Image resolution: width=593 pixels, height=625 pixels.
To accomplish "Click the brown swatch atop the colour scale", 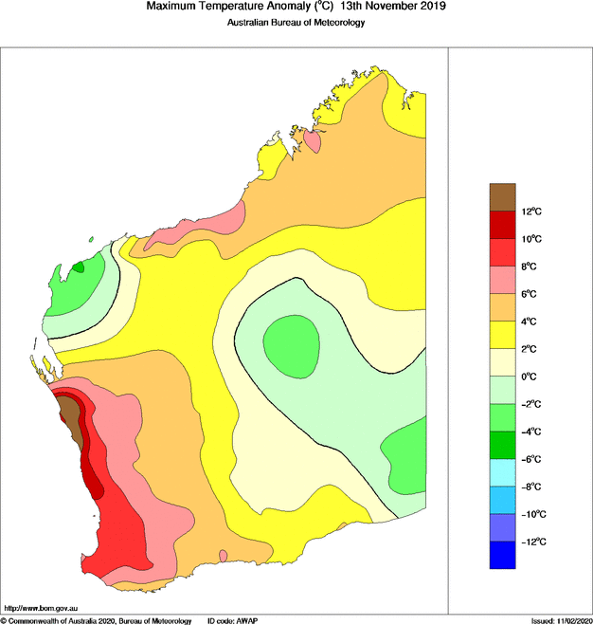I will pyautogui.click(x=502, y=196).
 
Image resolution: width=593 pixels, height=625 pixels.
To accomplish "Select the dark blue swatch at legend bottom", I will pyautogui.click(x=502, y=555).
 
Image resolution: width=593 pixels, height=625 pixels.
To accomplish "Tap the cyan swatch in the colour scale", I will pyautogui.click(x=502, y=472).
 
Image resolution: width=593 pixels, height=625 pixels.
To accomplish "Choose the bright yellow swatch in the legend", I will pyautogui.click(x=502, y=335).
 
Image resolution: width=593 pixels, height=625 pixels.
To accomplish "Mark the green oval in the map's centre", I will pyautogui.click(x=290, y=340).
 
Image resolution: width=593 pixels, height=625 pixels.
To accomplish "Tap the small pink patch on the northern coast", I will pyautogui.click(x=312, y=141).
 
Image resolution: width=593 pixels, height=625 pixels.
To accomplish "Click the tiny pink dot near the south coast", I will pyautogui.click(x=224, y=555).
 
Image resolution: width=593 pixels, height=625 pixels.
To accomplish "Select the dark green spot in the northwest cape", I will pyautogui.click(x=78, y=267).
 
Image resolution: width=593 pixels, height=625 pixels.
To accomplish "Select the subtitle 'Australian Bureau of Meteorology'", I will pyautogui.click(x=296, y=23).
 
